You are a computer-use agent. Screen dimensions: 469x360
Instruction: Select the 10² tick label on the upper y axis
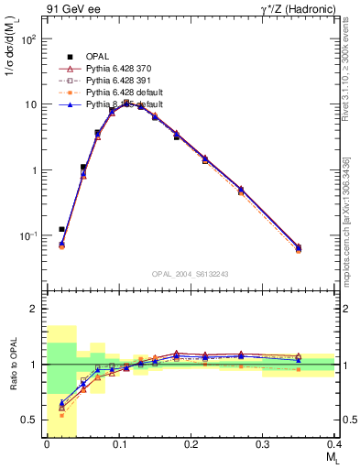(x=29, y=39)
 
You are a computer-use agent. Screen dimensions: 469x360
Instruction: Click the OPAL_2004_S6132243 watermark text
(x=191, y=273)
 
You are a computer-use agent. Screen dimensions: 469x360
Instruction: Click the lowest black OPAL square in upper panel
(x=61, y=229)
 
